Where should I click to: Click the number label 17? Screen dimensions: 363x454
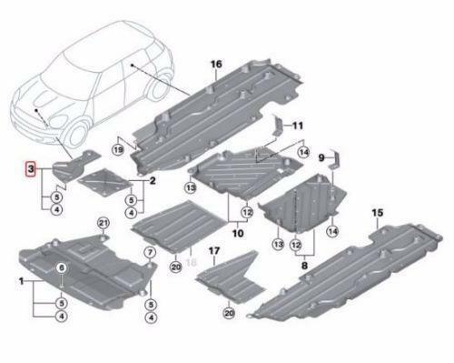[215, 249]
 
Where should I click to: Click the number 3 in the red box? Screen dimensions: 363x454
[31, 169]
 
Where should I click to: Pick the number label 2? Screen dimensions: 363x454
[153, 181]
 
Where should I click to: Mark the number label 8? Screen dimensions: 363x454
[305, 268]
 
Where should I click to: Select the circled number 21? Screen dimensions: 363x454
[102, 224]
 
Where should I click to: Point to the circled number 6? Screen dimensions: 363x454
[62, 267]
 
